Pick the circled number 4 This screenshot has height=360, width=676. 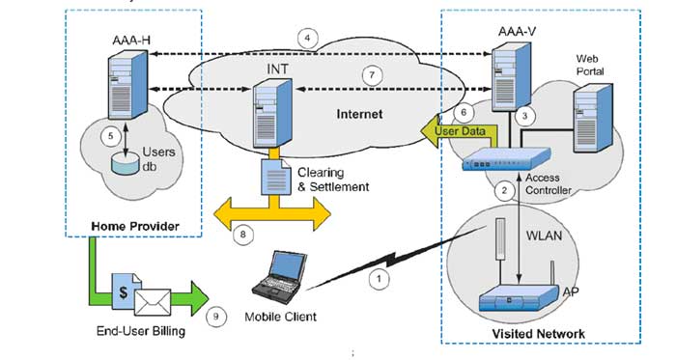307,39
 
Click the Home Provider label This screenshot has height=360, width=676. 131,226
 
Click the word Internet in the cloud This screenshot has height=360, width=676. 358,114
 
